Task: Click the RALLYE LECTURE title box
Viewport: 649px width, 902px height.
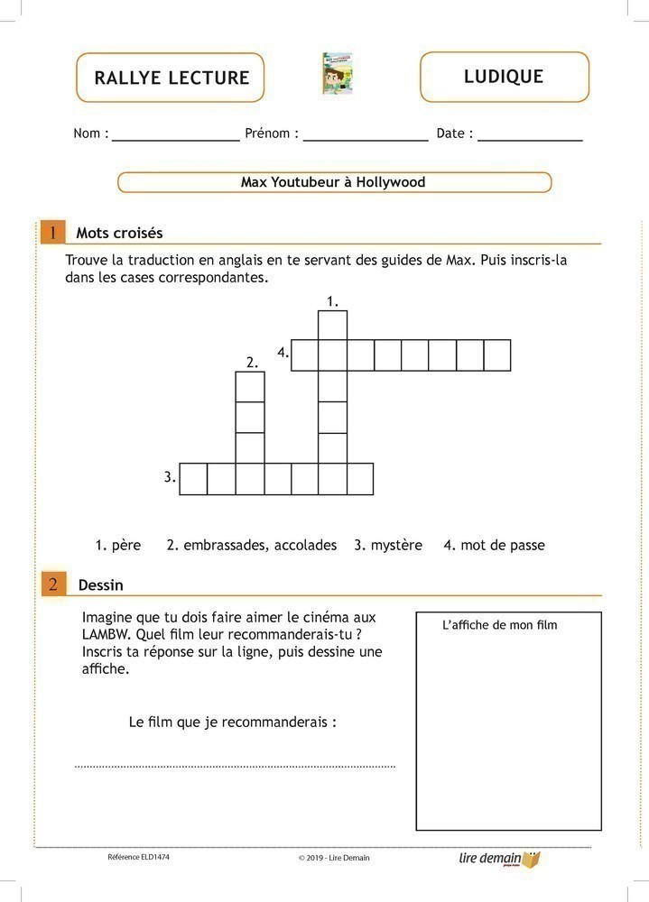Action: point(171,78)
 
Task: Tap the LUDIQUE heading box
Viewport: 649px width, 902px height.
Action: point(504,77)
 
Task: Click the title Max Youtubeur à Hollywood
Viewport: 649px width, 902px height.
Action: point(333,182)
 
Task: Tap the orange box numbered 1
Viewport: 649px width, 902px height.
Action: point(52,233)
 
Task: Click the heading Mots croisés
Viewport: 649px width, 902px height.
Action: point(119,233)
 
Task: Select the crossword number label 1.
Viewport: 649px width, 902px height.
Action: point(332,300)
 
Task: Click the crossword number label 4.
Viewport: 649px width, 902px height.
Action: point(283,353)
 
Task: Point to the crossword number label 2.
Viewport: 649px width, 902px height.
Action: point(252,362)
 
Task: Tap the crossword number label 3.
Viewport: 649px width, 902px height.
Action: point(170,477)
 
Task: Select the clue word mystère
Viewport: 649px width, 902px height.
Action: point(396,545)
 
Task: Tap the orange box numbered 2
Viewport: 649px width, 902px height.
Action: point(52,584)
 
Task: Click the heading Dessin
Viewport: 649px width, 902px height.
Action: point(100,584)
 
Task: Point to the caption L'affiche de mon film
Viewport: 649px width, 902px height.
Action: point(500,625)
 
